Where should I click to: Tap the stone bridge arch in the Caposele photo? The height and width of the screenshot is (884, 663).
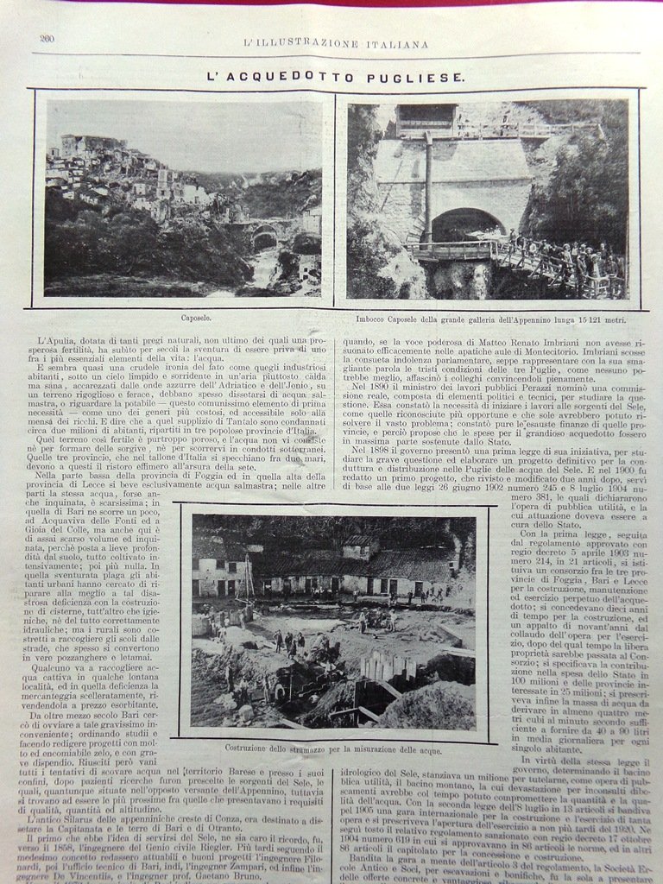(264, 235)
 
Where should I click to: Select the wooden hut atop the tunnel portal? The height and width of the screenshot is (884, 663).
(426, 117)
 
